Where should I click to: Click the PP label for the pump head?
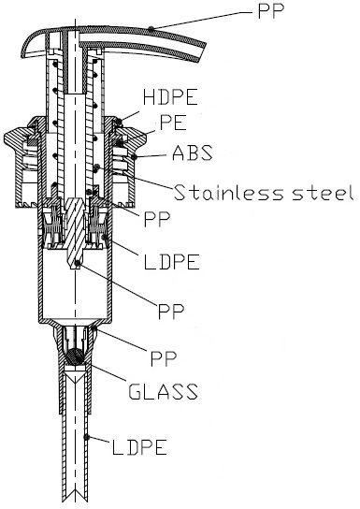click(271, 11)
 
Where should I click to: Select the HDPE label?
click(170, 96)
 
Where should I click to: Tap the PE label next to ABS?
click(174, 123)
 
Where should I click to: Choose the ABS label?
click(193, 153)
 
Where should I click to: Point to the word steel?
click(323, 192)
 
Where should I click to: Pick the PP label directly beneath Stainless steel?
click(157, 220)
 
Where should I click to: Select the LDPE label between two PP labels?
click(171, 262)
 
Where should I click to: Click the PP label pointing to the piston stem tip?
click(171, 311)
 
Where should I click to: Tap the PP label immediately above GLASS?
click(164, 358)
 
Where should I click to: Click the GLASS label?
click(163, 391)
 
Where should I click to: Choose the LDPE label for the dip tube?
click(139, 447)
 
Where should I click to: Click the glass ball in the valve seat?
click(74, 356)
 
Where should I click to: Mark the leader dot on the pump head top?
click(151, 29)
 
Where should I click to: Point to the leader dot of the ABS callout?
click(134, 158)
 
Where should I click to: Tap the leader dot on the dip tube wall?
click(86, 437)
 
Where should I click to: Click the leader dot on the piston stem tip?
click(77, 264)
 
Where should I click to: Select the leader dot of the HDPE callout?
click(120, 122)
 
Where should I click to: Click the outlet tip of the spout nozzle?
click(202, 52)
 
